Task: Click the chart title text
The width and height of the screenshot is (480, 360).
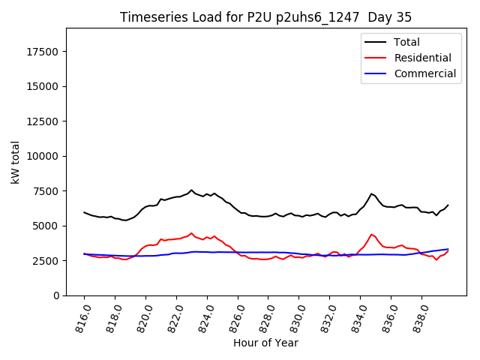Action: [265, 17]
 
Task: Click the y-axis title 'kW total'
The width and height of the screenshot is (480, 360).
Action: [16, 162]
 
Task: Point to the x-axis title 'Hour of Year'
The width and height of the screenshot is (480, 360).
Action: [265, 343]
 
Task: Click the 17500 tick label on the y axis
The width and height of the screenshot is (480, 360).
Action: [44, 52]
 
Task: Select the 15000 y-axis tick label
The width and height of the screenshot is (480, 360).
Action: [44, 86]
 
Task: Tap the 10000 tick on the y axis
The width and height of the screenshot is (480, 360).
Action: [44, 156]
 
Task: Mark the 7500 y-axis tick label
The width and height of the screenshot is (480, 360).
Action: [47, 190]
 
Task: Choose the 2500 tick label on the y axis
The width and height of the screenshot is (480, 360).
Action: [47, 260]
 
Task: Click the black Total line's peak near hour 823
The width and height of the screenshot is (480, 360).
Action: [191, 190]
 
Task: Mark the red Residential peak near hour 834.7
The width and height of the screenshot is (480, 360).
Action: [371, 234]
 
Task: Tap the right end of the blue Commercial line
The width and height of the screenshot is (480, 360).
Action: [448, 249]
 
